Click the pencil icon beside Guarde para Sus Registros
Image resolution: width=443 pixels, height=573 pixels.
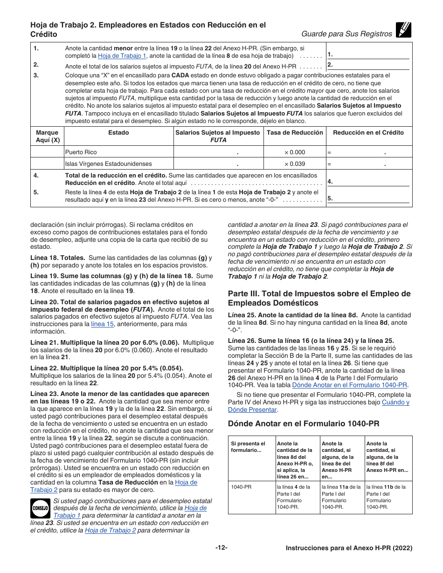[403, 30]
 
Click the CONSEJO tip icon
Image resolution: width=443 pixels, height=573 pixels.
[41, 509]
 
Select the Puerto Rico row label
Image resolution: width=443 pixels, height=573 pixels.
[81, 152]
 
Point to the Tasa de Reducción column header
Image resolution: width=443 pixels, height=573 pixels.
[295, 132]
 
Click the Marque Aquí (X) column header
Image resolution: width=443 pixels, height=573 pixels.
[48, 136]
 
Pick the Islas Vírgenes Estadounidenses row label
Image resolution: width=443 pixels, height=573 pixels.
[102, 164]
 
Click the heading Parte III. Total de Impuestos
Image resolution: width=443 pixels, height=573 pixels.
[319, 298]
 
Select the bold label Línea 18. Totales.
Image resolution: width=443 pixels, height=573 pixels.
[58, 258]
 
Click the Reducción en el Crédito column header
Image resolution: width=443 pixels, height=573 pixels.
[368, 132]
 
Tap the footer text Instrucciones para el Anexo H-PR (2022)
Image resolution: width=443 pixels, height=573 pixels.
[349, 549]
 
